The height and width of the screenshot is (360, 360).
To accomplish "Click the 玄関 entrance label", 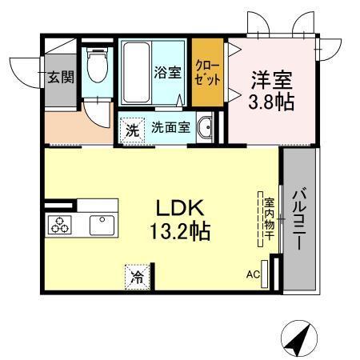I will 59,78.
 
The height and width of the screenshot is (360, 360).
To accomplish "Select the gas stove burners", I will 62,226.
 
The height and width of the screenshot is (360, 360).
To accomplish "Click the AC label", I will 252,276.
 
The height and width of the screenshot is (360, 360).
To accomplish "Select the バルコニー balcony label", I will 298,218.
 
